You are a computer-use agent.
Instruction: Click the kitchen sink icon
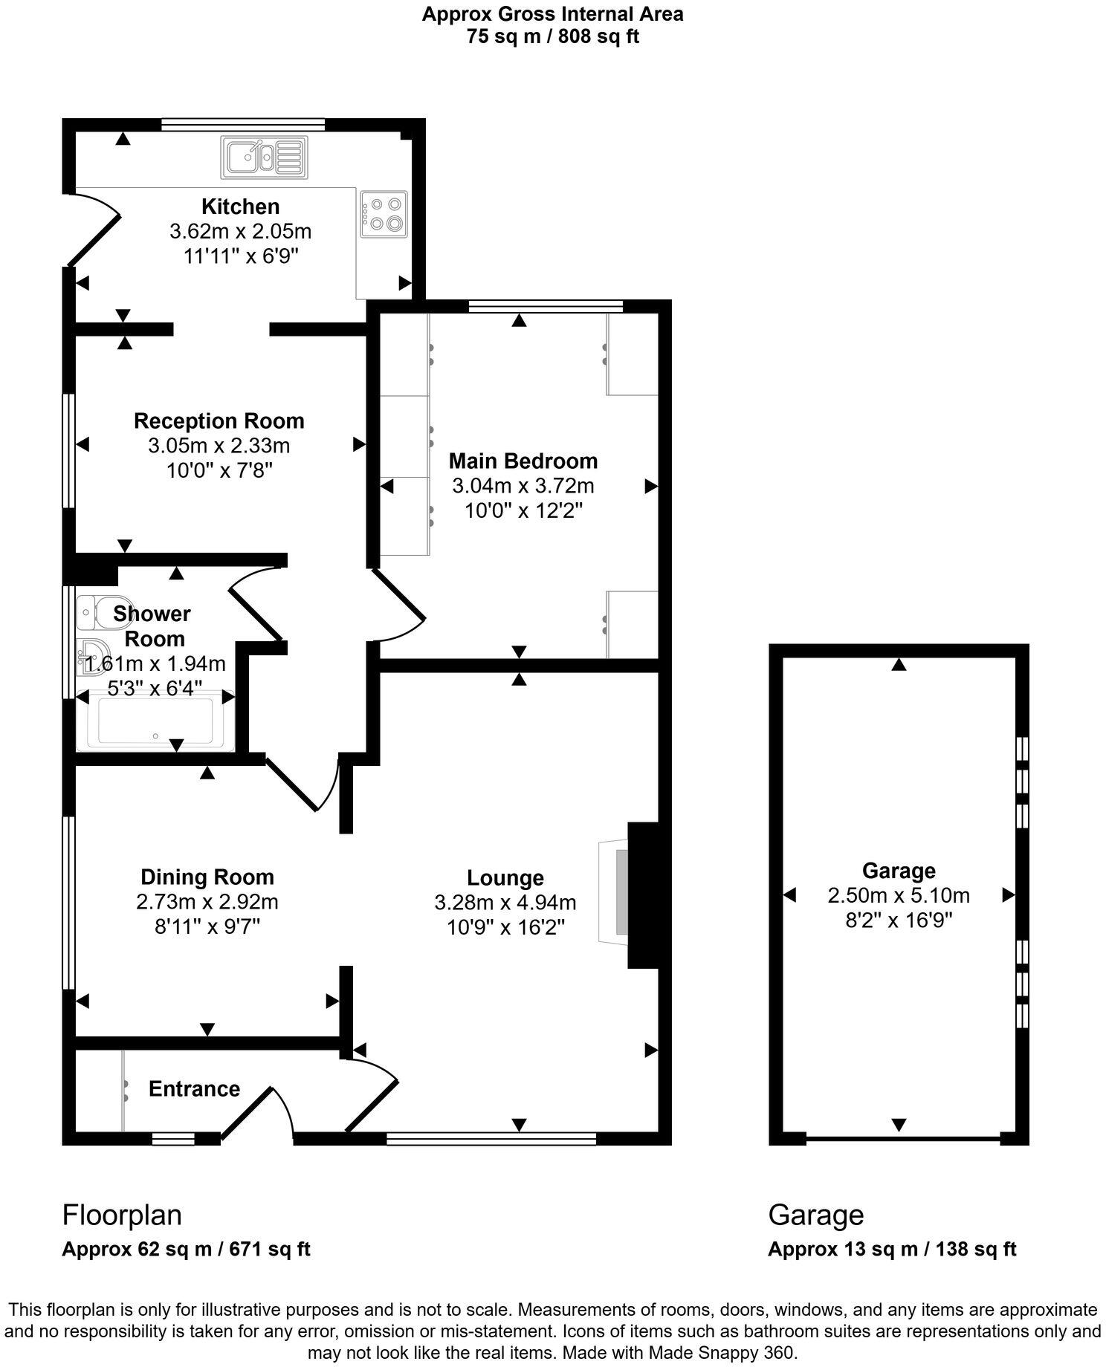[x=263, y=158]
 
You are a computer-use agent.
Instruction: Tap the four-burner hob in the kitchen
[x=384, y=214]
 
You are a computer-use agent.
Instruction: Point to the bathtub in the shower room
[x=155, y=719]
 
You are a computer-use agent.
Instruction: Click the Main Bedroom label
[x=523, y=461]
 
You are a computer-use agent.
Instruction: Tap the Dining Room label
[x=207, y=877]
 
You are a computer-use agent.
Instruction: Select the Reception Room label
[x=219, y=421]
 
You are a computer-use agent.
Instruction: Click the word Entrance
[x=194, y=1088]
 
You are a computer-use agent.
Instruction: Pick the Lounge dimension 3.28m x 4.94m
[x=505, y=903]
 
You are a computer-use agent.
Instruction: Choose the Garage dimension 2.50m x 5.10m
[x=899, y=895]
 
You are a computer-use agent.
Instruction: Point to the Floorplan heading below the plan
[x=122, y=1215]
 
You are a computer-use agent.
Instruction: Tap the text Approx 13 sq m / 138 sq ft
[x=892, y=1249]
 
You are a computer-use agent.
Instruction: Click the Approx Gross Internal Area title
[x=552, y=13]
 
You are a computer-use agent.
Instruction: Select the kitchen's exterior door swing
[x=94, y=227]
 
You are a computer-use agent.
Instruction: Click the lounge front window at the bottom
[x=491, y=1137]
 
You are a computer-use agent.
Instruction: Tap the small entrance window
[x=173, y=1137]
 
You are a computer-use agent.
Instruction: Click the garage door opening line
[x=903, y=1137]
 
